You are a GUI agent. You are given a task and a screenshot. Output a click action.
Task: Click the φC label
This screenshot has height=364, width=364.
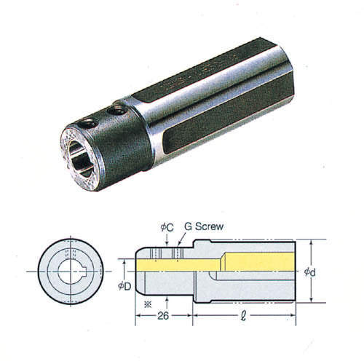coord(167,227)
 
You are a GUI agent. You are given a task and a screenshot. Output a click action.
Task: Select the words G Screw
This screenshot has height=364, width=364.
coord(204,226)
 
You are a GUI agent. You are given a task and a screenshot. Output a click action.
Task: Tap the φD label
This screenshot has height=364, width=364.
coord(124,286)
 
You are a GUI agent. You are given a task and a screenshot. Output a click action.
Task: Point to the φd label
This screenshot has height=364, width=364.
coord(310,272)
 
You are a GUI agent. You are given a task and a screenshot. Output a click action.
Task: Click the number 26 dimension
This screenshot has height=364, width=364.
coord(163,316)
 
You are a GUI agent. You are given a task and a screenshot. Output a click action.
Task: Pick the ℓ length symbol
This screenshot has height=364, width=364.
coord(243,316)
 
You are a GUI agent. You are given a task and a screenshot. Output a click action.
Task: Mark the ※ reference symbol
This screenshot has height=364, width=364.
coord(148,304)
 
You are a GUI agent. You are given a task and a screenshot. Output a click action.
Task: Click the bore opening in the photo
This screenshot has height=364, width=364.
coord(81,158)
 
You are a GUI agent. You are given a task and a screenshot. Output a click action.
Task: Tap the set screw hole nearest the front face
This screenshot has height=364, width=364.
coord(89,123)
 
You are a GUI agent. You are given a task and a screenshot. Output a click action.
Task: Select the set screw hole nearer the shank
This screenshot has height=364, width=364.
coord(117,111)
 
